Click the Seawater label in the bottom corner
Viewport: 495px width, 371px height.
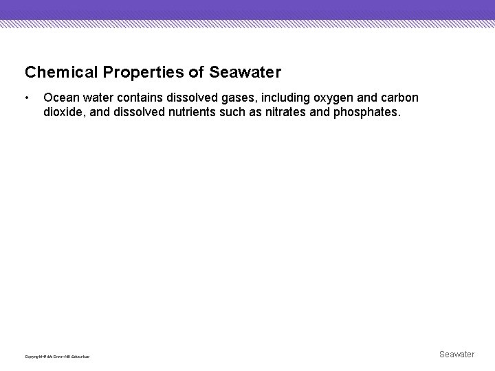coord(456,354)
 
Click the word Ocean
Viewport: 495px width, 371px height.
coord(59,98)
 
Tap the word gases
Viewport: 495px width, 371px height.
coord(237,98)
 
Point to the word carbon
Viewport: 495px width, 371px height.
coord(399,98)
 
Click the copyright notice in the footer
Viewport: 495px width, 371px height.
coord(57,356)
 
